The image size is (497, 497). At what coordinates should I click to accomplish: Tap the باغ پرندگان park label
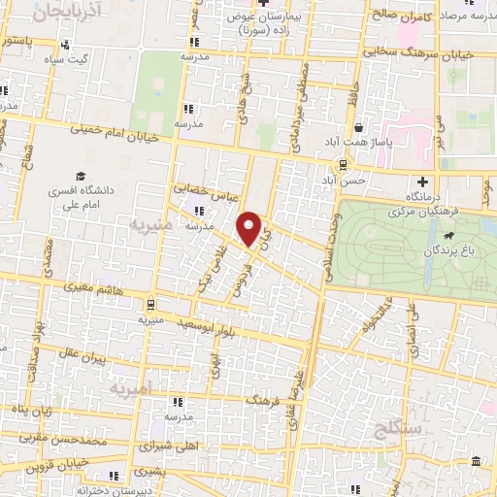click(446, 250)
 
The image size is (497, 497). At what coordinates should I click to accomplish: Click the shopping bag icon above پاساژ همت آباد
click(360, 127)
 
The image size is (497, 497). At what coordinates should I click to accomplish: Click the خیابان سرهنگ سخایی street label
click(428, 54)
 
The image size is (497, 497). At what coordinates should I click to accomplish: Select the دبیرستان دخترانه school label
click(149, 489)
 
